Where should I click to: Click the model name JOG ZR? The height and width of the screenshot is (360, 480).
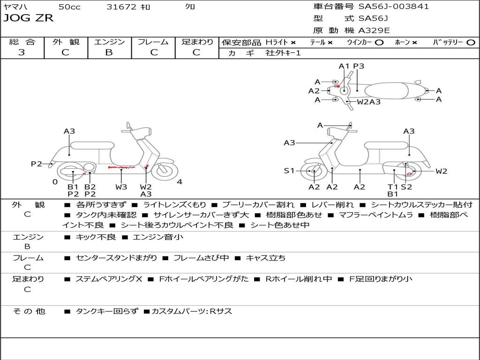point(29,18)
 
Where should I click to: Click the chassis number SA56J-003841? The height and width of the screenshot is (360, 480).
point(394,7)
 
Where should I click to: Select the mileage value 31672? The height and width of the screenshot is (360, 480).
point(121,7)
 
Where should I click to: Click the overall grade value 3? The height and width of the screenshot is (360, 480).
point(22,52)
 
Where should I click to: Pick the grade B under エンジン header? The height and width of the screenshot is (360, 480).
point(109,52)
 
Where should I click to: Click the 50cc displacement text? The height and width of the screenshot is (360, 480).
point(69,7)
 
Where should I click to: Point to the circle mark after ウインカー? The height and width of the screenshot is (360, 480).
point(379,42)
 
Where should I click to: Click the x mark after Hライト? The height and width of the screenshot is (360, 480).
point(293,42)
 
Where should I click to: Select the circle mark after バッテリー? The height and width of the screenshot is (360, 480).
point(471,42)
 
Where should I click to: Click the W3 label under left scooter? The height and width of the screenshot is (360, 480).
point(121,187)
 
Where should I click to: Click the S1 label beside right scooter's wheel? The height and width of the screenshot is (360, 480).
point(289,171)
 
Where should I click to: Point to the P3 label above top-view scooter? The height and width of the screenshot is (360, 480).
point(359,66)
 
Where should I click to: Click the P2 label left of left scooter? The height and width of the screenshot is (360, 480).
point(37,164)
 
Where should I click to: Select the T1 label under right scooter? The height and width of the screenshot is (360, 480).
point(393,187)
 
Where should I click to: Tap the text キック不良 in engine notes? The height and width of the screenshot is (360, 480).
point(96,237)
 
